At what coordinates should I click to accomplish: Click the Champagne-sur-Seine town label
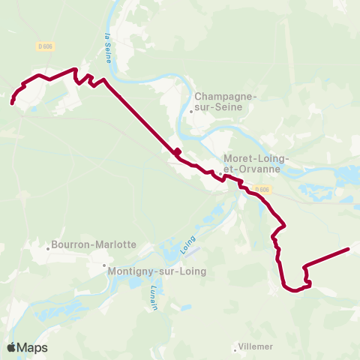[226, 101]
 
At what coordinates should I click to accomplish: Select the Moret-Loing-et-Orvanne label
[252, 163]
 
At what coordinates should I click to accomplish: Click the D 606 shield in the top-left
[45, 46]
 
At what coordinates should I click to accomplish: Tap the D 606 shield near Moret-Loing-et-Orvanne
[261, 189]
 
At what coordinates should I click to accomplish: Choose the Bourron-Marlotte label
[93, 244]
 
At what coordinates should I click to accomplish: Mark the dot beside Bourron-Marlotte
[46, 245]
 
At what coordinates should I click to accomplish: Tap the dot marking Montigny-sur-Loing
[104, 265]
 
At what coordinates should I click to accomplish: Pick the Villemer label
[256, 346]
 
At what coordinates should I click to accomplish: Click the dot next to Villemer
[234, 347]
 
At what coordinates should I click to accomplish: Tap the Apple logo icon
[11, 347]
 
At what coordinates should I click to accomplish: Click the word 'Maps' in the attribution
[32, 347]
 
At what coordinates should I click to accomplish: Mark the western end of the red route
[13, 103]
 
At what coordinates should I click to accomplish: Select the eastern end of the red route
[349, 248]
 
